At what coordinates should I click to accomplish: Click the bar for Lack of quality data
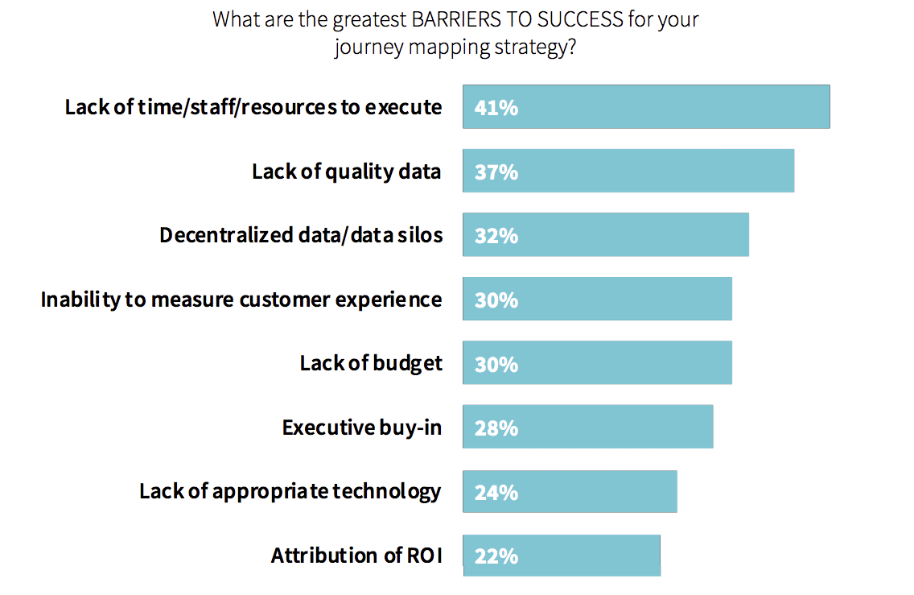[x=628, y=171]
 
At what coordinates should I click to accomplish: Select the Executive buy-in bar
[x=587, y=427]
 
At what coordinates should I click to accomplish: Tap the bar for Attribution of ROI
[x=562, y=556]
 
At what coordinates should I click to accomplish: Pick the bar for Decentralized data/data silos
[x=606, y=234]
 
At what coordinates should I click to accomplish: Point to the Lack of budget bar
[x=598, y=362]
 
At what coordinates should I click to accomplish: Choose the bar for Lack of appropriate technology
[x=570, y=491]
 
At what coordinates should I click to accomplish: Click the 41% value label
[x=496, y=108]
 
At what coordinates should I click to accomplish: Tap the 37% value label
[x=496, y=172]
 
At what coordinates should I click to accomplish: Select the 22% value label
[x=496, y=556]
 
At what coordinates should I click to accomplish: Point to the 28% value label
[x=496, y=428]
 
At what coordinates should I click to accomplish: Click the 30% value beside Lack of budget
[x=496, y=365]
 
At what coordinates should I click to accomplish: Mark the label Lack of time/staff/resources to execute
[x=253, y=107]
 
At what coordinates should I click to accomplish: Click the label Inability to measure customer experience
[x=241, y=300]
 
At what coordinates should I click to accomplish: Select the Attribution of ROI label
[x=356, y=556]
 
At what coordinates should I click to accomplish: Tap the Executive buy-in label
[x=362, y=428]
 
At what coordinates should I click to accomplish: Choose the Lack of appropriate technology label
[x=290, y=492]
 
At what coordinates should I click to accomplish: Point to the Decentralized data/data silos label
[x=302, y=235]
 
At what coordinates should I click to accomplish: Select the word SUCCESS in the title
[x=580, y=19]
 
